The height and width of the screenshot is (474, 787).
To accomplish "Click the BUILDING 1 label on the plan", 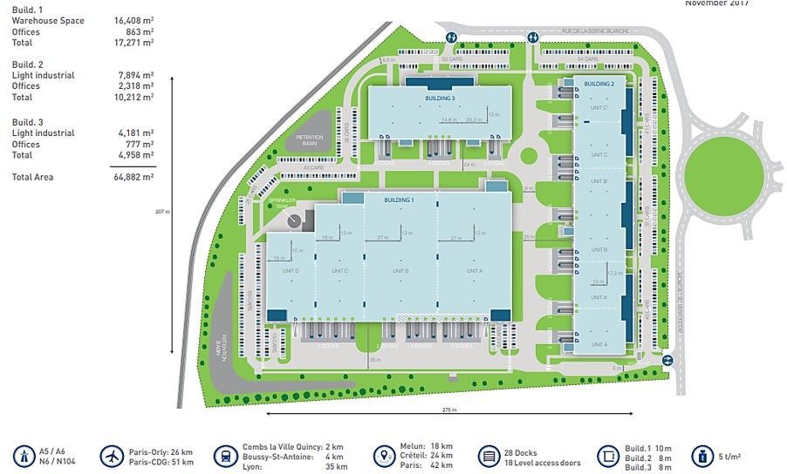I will [x=399, y=200].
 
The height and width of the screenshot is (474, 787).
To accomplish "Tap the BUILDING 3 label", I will [x=440, y=98].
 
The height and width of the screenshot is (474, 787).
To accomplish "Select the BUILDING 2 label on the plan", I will [x=599, y=84].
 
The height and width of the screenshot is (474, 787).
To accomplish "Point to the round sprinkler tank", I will [x=293, y=220].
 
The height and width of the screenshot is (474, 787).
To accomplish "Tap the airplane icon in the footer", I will [x=113, y=457].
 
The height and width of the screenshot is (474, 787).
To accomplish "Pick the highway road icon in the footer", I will [x=23, y=457].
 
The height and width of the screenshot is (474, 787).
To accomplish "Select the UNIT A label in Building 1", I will [x=474, y=271].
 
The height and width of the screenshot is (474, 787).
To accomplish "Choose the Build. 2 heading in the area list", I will [x=29, y=64].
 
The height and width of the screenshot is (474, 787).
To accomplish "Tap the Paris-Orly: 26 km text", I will [x=161, y=452].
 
